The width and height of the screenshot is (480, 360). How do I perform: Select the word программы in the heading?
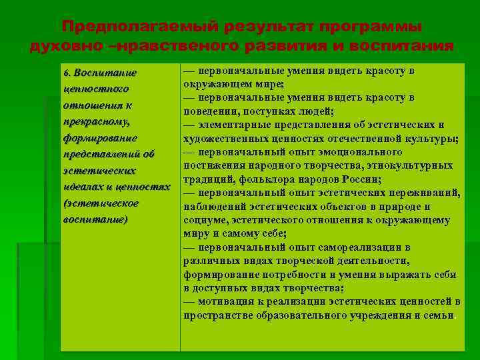[x=370, y=27]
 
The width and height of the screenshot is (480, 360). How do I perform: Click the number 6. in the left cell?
[x=67, y=73]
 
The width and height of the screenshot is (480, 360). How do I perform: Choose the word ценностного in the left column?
[x=95, y=89]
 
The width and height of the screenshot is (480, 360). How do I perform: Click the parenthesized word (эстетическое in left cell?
[x=101, y=203]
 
